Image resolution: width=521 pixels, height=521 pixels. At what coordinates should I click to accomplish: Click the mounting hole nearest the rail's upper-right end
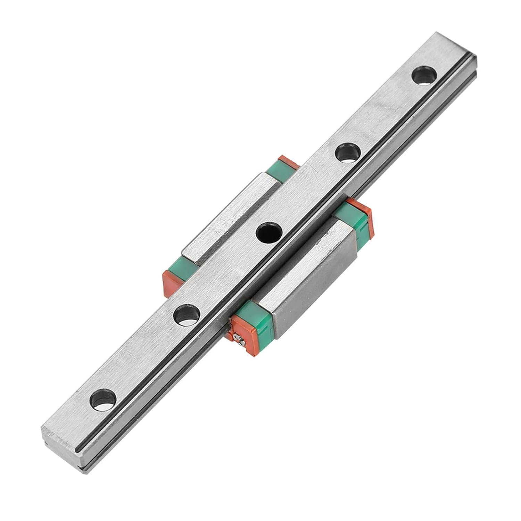pyautogui.click(x=424, y=74)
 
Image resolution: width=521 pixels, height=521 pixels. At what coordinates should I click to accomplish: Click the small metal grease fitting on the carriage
pyautogui.click(x=238, y=338)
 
